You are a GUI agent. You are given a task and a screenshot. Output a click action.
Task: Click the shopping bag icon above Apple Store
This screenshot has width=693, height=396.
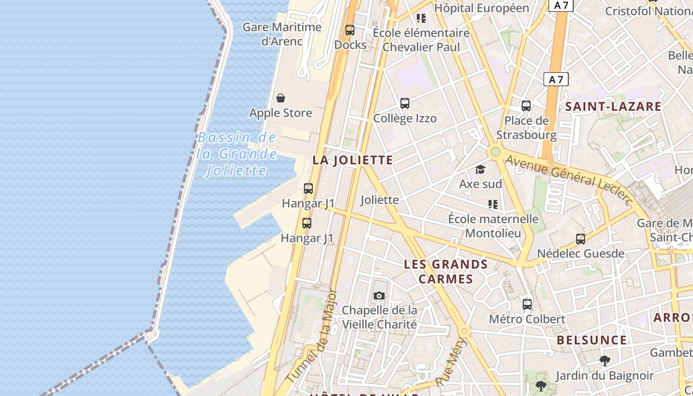pos(281,98)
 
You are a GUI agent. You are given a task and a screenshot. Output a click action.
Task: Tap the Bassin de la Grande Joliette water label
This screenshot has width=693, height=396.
pos(237,154)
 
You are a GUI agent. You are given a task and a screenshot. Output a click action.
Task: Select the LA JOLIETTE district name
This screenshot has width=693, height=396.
pos(352,160)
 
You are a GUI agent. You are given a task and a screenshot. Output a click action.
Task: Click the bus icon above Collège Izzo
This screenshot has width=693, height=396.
pos(405,103)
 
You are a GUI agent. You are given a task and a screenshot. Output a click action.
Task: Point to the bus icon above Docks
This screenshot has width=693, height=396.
pos(350,30)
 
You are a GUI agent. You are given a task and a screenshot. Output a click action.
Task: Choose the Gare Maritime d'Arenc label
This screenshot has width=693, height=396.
pos(282,34)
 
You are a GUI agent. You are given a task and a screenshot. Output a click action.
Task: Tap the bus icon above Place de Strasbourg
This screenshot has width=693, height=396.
pos(526,106)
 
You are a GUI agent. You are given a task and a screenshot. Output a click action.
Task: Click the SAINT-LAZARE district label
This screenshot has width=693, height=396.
pos(613,106)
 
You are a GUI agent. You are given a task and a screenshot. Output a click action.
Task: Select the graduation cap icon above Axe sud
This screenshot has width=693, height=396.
pos(480,170)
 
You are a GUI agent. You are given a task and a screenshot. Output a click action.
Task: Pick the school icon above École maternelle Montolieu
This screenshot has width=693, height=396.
pos(493,204)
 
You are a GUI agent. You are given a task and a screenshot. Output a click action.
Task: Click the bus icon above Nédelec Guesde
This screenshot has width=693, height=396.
pos(581,239)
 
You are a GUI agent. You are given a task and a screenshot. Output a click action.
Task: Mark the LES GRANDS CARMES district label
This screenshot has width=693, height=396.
pos(446,271)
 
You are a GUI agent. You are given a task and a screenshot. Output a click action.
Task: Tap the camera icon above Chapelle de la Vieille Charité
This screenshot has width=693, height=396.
pos(379,296)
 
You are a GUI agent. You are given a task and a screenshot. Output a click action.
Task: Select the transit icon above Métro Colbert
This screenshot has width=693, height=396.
pos(527,304)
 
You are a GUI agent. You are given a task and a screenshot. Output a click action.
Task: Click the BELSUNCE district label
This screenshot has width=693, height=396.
pos(592,340)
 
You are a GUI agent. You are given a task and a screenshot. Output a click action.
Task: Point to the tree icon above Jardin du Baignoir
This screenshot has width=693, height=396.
pos(604,360)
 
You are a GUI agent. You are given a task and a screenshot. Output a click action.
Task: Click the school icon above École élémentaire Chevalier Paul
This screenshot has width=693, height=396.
pos(421,19)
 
